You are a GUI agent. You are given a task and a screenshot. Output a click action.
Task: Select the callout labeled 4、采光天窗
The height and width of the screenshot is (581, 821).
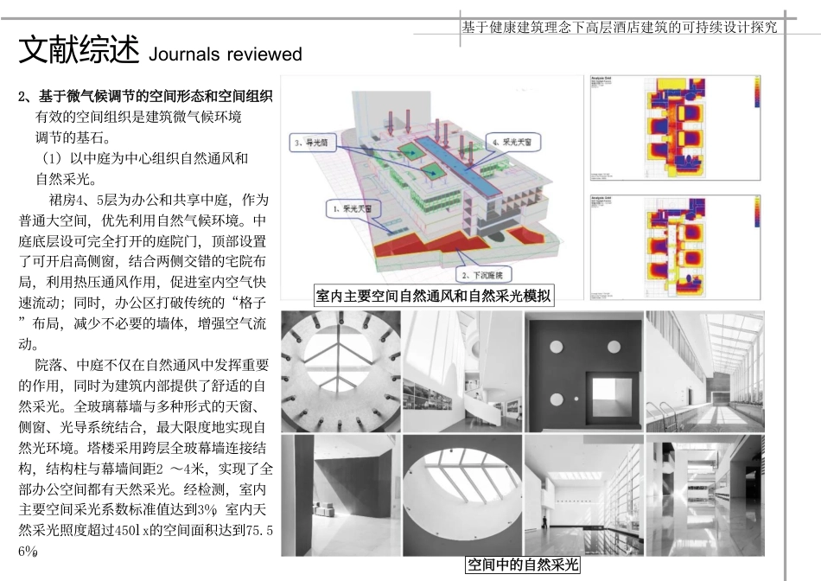pyautogui.click(x=512, y=140)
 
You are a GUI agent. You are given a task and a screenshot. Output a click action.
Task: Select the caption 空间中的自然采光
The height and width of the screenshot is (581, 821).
pyautogui.click(x=522, y=565)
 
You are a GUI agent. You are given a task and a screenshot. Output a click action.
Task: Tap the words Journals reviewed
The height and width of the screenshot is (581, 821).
pyautogui.click(x=226, y=54)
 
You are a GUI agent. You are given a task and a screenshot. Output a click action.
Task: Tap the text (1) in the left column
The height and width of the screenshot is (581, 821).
pyautogui.click(x=54, y=159)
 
